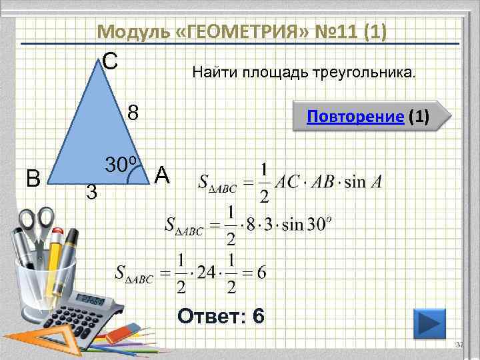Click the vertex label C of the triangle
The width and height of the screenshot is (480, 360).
[111, 61]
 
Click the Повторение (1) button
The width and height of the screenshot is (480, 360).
[368, 118]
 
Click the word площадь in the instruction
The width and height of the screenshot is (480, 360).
[267, 71]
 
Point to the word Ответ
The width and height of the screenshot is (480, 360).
[210, 315]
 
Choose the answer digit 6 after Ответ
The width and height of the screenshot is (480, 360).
[258, 315]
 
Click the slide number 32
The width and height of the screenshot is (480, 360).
[458, 345]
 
